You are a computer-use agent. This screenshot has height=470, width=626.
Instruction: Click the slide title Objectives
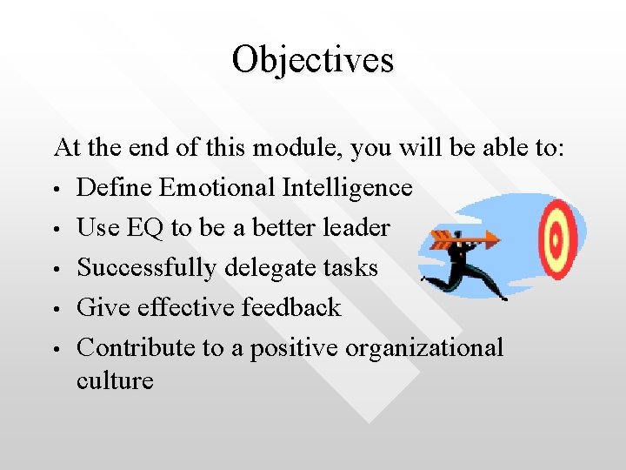(x=313, y=59)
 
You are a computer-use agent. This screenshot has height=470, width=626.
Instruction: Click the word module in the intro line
(x=297, y=148)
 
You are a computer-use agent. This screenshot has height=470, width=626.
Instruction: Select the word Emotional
(x=213, y=188)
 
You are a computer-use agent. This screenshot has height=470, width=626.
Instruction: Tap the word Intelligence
(x=345, y=188)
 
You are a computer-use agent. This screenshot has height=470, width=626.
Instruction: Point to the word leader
(x=353, y=228)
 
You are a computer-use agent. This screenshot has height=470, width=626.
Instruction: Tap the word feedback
(x=291, y=307)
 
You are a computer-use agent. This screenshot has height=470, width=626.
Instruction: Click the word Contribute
(x=136, y=347)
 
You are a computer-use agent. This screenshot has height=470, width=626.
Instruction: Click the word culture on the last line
(x=115, y=380)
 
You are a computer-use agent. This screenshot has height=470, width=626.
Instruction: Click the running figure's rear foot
(x=426, y=279)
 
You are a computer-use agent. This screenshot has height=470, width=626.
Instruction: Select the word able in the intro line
(x=499, y=148)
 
